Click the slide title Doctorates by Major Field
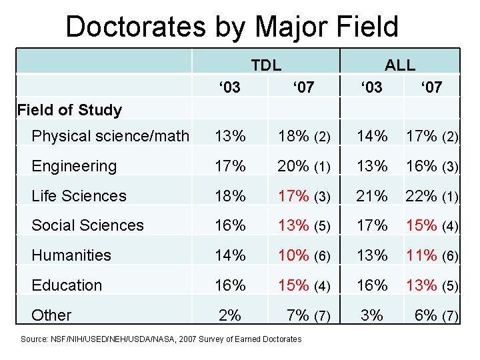click(232, 27)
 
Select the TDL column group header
click(266, 65)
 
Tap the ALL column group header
click(400, 65)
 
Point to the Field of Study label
click(69, 110)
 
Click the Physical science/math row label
click(111, 136)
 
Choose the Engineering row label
click(74, 166)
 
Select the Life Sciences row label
click(79, 195)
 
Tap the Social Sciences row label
click(87, 225)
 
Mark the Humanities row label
click(71, 255)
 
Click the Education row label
click(67, 285)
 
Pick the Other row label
click(51, 315)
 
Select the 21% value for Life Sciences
click(371, 195)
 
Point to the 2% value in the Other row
click(230, 315)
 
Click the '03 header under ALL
click(371, 87)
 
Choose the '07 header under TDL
click(303, 87)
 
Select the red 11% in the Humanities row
click(422, 255)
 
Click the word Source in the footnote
click(34, 339)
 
